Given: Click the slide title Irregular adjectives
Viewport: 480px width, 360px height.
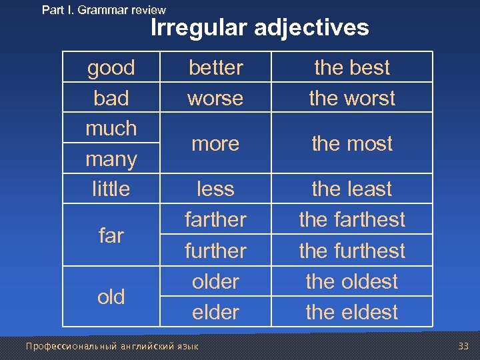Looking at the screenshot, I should (x=259, y=28).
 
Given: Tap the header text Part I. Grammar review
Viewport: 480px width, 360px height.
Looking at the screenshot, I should (x=103, y=10).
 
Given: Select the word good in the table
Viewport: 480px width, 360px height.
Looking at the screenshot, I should (x=111, y=67).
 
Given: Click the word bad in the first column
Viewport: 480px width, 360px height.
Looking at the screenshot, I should (x=111, y=98).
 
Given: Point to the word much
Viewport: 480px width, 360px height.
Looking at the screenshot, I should (x=111, y=128).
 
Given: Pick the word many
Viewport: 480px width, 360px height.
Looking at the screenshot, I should (x=111, y=159).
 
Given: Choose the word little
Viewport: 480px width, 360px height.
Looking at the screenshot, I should (x=111, y=189).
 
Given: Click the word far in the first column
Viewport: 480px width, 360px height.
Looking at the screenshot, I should (x=111, y=235).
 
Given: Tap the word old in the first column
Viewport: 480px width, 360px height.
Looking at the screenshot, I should (x=111, y=297).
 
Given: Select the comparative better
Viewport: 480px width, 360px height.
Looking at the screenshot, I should (x=215, y=67).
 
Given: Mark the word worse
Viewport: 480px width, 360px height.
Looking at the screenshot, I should (x=215, y=98).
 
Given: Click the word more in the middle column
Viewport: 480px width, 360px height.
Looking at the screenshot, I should (x=215, y=143).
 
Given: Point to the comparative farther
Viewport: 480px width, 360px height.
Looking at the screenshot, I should (x=215, y=219).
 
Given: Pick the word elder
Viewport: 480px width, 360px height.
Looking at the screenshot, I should (x=215, y=312).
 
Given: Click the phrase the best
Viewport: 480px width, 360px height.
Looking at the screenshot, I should (x=352, y=67).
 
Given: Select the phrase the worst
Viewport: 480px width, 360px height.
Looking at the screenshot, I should (x=352, y=98).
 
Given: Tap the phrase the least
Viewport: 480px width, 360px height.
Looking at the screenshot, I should (x=352, y=189).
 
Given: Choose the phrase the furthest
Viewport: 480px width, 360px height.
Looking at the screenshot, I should (x=352, y=251).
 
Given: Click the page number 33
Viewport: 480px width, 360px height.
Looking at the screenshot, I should (x=464, y=345).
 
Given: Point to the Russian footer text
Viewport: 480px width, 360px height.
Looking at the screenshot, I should (x=113, y=345).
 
